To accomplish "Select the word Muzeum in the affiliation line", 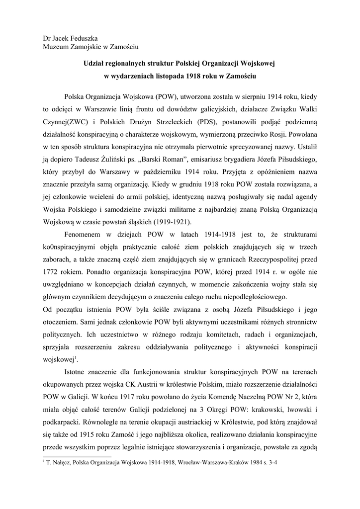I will point(57,47).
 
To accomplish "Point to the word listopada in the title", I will point(165,77).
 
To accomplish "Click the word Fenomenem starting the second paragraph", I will point(85,234).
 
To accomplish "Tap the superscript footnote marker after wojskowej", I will point(76,357).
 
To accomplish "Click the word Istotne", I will point(77,372).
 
